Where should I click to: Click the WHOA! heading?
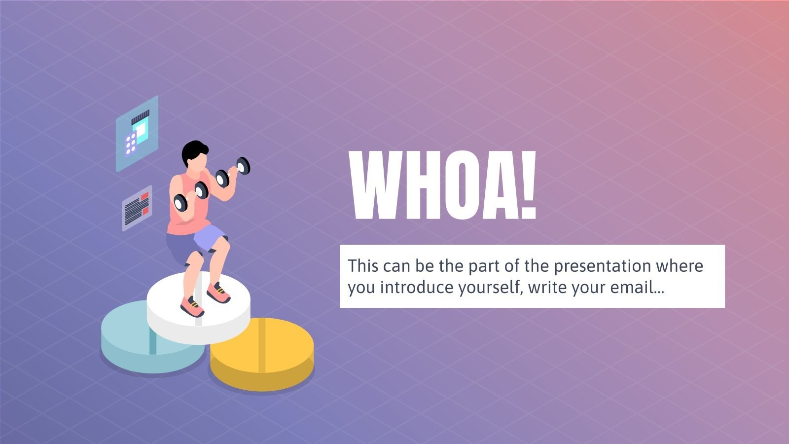pos(442,185)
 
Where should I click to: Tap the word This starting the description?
pos(363,266)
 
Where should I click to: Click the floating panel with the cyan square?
pos(137,133)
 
